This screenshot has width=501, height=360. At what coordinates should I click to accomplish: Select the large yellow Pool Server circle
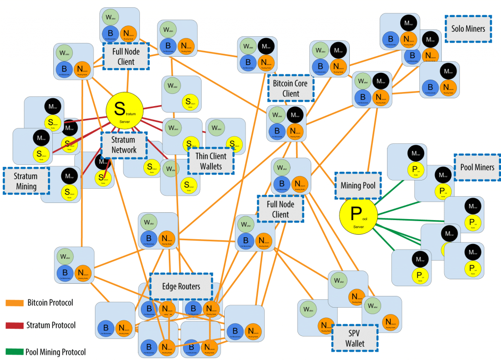tap(359, 216)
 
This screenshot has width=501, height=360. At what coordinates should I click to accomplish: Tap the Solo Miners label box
tap(468, 29)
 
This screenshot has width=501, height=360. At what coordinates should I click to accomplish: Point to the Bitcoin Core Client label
tap(290, 89)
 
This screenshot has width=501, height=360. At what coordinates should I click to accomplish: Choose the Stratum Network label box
tap(123, 145)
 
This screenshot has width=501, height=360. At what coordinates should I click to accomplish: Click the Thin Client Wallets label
tap(210, 161)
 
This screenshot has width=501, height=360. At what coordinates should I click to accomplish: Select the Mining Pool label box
tap(358, 186)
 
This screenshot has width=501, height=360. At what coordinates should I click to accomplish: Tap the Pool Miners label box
tap(477, 167)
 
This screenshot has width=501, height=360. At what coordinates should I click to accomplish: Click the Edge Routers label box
tap(181, 286)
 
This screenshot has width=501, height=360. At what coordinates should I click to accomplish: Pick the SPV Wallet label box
tap(355, 338)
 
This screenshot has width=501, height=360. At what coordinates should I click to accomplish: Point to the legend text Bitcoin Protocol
tap(50, 303)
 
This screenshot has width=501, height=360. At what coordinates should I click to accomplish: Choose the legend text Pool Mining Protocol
tap(57, 352)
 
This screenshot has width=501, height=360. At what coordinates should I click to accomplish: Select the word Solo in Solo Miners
tap(457, 29)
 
